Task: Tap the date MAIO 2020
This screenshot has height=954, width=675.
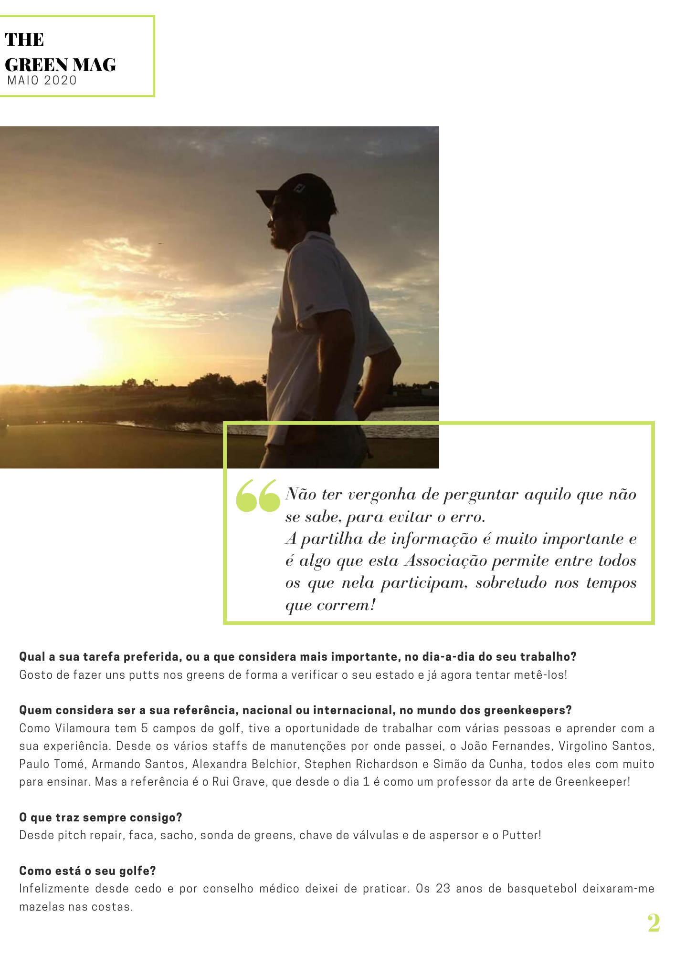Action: (x=42, y=81)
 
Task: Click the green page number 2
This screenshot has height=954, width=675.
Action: (x=654, y=923)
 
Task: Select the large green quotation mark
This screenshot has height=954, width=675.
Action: (x=258, y=496)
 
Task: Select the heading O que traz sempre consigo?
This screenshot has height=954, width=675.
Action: (x=101, y=818)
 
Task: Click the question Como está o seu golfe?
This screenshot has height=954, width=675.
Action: (x=87, y=871)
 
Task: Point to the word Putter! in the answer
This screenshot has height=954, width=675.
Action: (x=521, y=835)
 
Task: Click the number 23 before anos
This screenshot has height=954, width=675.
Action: (x=443, y=889)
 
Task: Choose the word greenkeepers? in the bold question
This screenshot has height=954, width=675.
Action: (x=527, y=710)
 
